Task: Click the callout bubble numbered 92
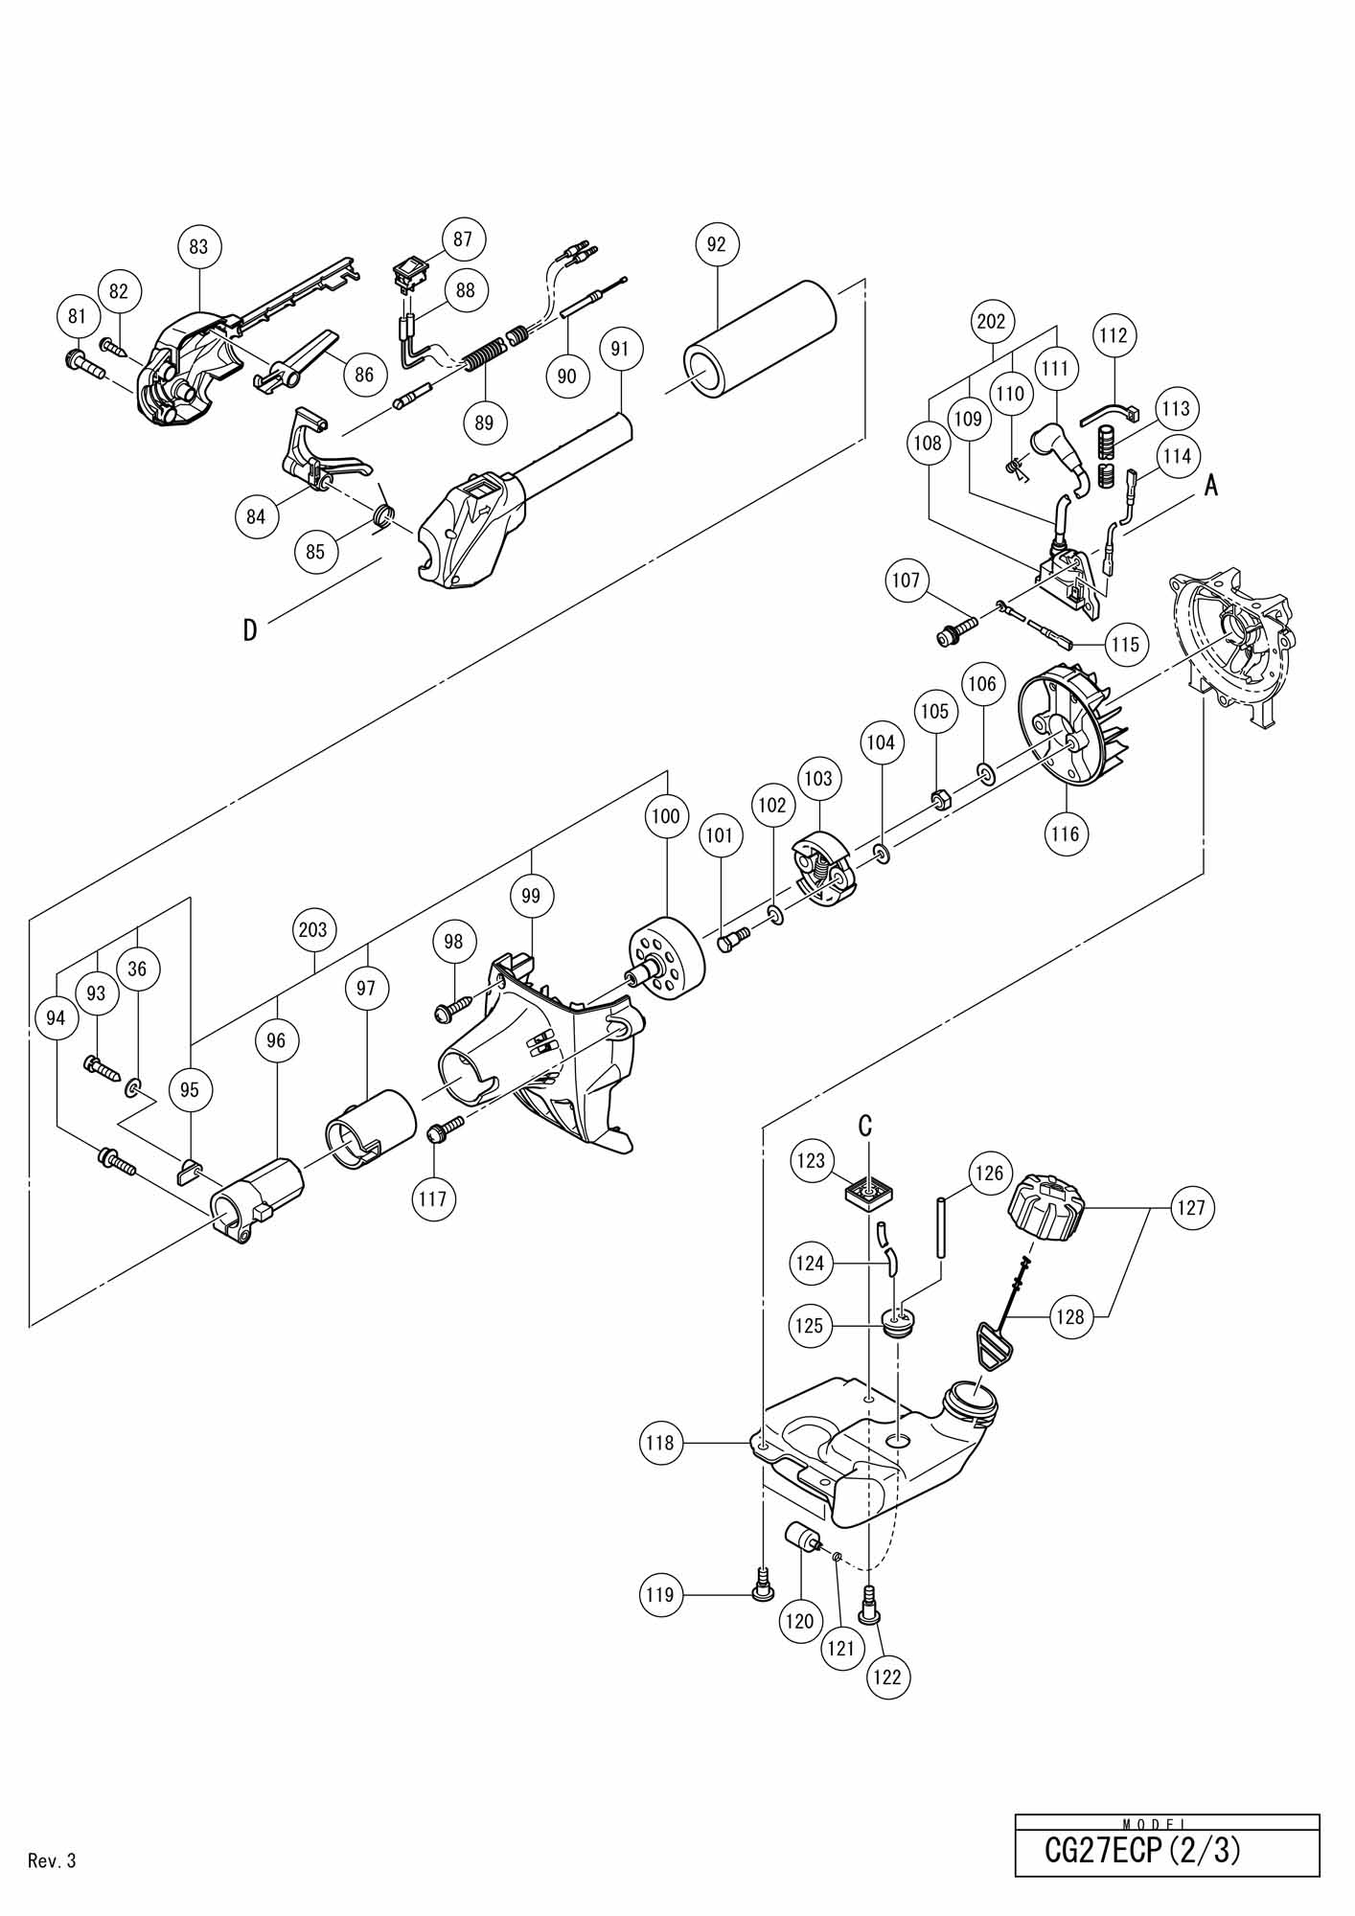[x=717, y=244]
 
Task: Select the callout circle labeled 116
[x=1065, y=833]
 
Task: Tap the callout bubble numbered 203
[x=313, y=929]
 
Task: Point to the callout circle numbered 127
[x=1191, y=1208]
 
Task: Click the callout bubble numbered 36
[x=137, y=969]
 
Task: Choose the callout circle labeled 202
[x=991, y=320]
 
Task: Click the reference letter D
[x=250, y=629]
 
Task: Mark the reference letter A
[x=1211, y=486]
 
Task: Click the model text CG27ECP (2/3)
[x=1142, y=1850]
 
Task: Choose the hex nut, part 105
[x=939, y=800]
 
